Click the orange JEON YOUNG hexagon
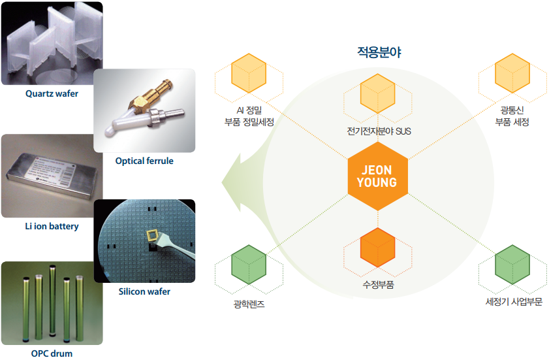pyautogui.click(x=378, y=176)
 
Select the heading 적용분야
pyautogui.click(x=379, y=52)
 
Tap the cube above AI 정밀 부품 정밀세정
pyautogui.click(x=249, y=73)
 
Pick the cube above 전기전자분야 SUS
pyautogui.click(x=378, y=93)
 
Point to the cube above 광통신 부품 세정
pyautogui.click(x=512, y=73)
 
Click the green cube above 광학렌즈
pyautogui.click(x=249, y=265)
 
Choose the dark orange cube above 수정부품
pyautogui.click(x=378, y=248)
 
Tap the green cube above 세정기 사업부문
pyautogui.click(x=512, y=265)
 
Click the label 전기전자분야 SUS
pyautogui.click(x=379, y=131)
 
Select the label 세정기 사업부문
pyautogui.click(x=514, y=301)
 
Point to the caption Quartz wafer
pyautogui.click(x=52, y=93)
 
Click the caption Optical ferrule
pyautogui.click(x=144, y=161)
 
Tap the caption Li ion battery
pyautogui.click(x=52, y=226)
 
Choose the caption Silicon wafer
pyautogui.click(x=144, y=291)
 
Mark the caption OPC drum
pyautogui.click(x=52, y=353)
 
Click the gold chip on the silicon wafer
pyautogui.click(x=152, y=235)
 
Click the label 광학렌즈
pyautogui.click(x=249, y=304)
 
